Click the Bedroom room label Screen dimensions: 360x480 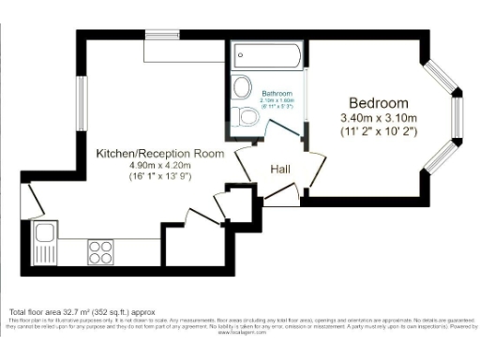pyautogui.click(x=378, y=102)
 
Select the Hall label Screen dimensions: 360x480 pyautogui.click(x=279, y=170)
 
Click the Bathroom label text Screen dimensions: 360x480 pyautogui.click(x=277, y=94)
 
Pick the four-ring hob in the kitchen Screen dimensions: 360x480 pyautogui.click(x=100, y=250)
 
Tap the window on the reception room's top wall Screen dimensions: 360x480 pyautogui.click(x=163, y=36)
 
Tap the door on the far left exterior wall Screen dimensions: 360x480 pyautogui.click(x=28, y=198)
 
